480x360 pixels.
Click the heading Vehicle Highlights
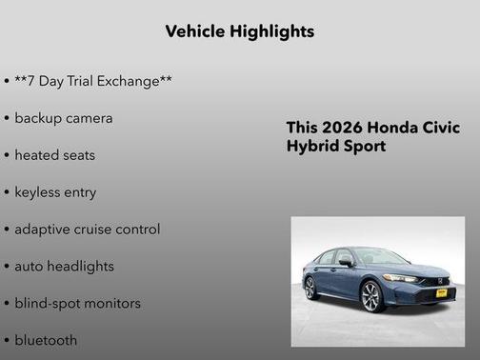coord(239,31)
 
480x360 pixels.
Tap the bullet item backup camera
coord(63,118)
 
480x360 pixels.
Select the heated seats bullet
coord(54,155)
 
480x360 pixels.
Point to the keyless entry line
coord(55,192)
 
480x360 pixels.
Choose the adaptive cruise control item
coord(87,230)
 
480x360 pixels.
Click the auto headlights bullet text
coord(64,267)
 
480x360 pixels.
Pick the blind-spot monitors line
coord(77,304)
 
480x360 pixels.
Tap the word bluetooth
coord(46,340)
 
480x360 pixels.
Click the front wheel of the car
coord(371,296)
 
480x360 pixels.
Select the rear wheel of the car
coord(310,287)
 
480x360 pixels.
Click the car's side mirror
coord(347,263)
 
